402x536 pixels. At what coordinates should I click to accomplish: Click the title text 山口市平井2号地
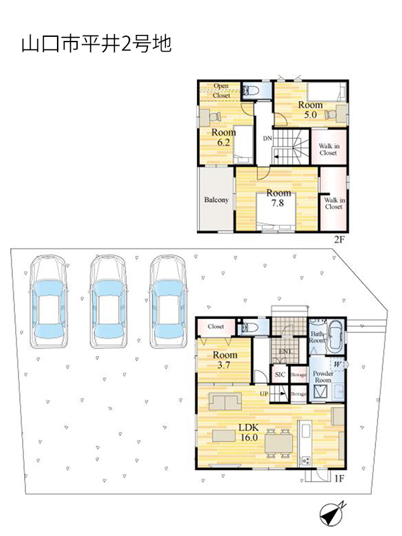[x=96, y=44]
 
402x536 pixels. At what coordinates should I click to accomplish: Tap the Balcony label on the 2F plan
[x=216, y=200]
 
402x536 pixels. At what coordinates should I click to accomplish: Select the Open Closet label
[x=221, y=90]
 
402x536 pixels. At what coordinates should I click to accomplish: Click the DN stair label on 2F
[x=267, y=139]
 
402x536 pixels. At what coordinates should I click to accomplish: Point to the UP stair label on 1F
[x=264, y=394]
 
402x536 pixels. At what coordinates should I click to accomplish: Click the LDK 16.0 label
[x=249, y=432]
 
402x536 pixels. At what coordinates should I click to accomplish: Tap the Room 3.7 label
[x=224, y=360]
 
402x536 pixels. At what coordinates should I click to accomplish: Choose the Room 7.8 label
[x=278, y=198]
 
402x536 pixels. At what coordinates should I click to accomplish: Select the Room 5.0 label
[x=310, y=109]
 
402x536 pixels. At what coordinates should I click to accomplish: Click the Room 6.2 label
[x=224, y=137]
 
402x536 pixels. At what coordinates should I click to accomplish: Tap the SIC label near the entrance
[x=280, y=375]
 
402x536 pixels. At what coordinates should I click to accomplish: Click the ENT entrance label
[x=285, y=351]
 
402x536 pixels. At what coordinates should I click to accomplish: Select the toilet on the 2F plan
[x=250, y=91]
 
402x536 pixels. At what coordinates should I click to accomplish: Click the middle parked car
[x=109, y=301]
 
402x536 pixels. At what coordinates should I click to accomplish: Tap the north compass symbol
[x=332, y=513]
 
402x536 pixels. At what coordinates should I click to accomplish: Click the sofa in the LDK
[x=225, y=401]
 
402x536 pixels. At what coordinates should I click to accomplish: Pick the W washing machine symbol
[x=338, y=364]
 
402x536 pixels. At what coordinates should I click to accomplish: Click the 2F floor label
[x=339, y=240]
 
